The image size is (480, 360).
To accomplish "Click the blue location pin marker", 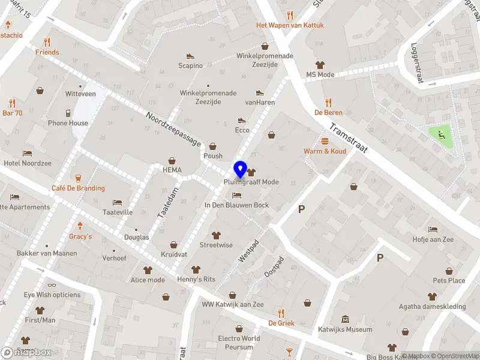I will tap(241, 169).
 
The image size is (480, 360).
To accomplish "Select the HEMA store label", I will tap(172, 170).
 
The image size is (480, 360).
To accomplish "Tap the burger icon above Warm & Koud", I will tap(325, 141).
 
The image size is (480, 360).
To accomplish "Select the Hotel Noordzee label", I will tap(28, 163).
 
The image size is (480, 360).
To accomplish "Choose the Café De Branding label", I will tap(78, 188).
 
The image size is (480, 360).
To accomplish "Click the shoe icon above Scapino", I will tap(191, 56).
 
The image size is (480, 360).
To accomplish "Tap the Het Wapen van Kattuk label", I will tap(290, 25).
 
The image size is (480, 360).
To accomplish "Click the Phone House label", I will tap(68, 123).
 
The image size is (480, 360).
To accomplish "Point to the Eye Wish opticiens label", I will tap(52, 295).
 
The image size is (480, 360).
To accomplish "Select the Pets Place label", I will tap(449, 280).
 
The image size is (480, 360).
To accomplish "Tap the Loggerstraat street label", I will tap(418, 64).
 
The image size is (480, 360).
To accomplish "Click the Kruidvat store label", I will tap(174, 254).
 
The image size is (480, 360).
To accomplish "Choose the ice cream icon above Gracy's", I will tap(80, 226).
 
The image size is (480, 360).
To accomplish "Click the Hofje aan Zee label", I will tap(433, 239).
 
